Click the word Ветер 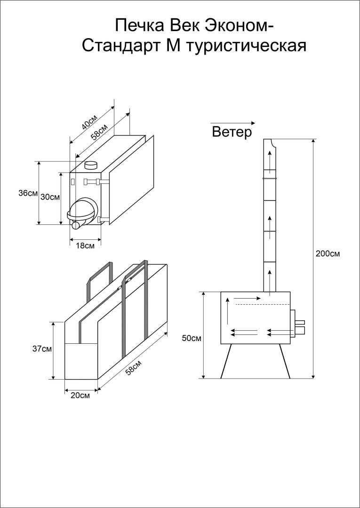pos(232,132)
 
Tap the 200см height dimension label pos(328,254)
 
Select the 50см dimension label pos(192,338)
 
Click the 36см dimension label pos(28,193)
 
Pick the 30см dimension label pos(50,197)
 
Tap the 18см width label pos(85,246)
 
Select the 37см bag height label pos(42,349)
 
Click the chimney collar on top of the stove pos(90,165)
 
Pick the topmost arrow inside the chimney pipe pos(269,158)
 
